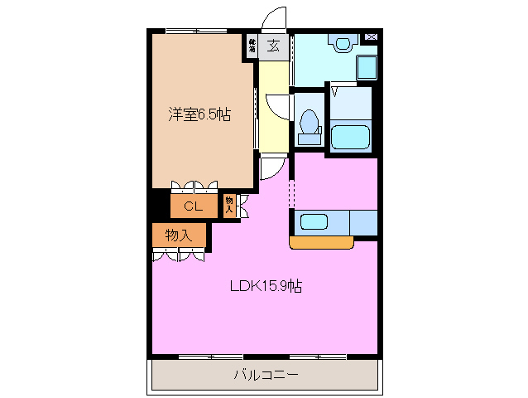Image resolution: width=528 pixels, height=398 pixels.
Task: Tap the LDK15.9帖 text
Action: point(265,286)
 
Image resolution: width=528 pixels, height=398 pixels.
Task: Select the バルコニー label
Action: point(265,375)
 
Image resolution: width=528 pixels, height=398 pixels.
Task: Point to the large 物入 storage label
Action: point(178,235)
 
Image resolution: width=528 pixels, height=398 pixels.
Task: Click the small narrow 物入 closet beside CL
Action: point(229,205)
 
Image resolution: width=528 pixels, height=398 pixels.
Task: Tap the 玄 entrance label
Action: point(272,46)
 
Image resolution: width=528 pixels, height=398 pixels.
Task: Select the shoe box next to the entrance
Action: point(251,46)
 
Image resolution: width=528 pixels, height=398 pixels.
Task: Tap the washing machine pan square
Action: point(365,66)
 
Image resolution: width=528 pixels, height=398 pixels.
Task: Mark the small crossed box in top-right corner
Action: point(370,37)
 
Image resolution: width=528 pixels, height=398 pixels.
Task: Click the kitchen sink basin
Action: point(314,222)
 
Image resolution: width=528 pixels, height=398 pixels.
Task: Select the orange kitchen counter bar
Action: point(321,242)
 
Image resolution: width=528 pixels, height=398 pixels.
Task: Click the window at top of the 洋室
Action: point(196,32)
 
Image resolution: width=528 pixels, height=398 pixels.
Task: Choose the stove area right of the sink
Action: point(362,222)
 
